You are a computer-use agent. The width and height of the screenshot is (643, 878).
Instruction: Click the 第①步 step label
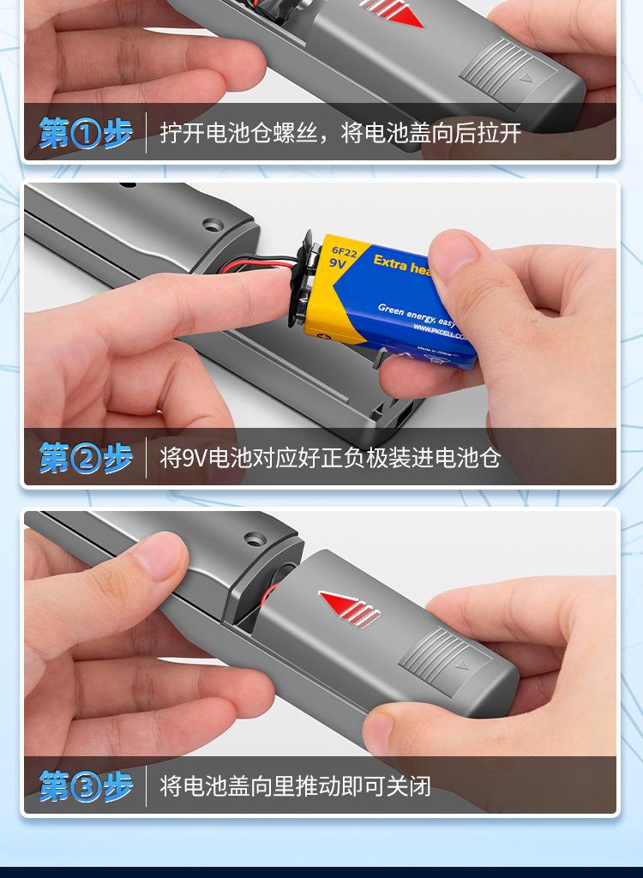tap(86, 134)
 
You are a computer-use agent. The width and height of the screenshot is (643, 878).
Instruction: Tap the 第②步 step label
tap(86, 458)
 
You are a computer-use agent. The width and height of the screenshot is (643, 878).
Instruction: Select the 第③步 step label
tap(86, 785)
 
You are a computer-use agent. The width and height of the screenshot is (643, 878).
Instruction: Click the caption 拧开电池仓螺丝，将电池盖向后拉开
tap(340, 134)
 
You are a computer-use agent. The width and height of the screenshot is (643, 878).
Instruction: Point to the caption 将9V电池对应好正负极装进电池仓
tap(330, 458)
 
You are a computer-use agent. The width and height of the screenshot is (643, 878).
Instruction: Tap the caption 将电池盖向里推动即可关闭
tap(295, 785)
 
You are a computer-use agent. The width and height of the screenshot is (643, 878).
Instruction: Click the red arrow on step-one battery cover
tap(394, 14)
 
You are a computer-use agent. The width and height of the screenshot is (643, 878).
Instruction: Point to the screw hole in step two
tap(213, 226)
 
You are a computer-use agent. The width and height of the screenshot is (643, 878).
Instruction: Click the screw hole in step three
tap(255, 540)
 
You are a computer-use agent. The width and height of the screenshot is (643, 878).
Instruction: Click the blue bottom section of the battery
tap(429, 343)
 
